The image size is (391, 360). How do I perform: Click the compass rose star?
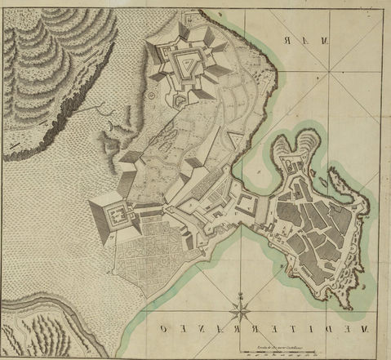click(x=241, y=309)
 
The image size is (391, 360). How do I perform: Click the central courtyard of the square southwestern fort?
click(x=118, y=216)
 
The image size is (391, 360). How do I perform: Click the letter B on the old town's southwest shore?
click(x=281, y=266)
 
